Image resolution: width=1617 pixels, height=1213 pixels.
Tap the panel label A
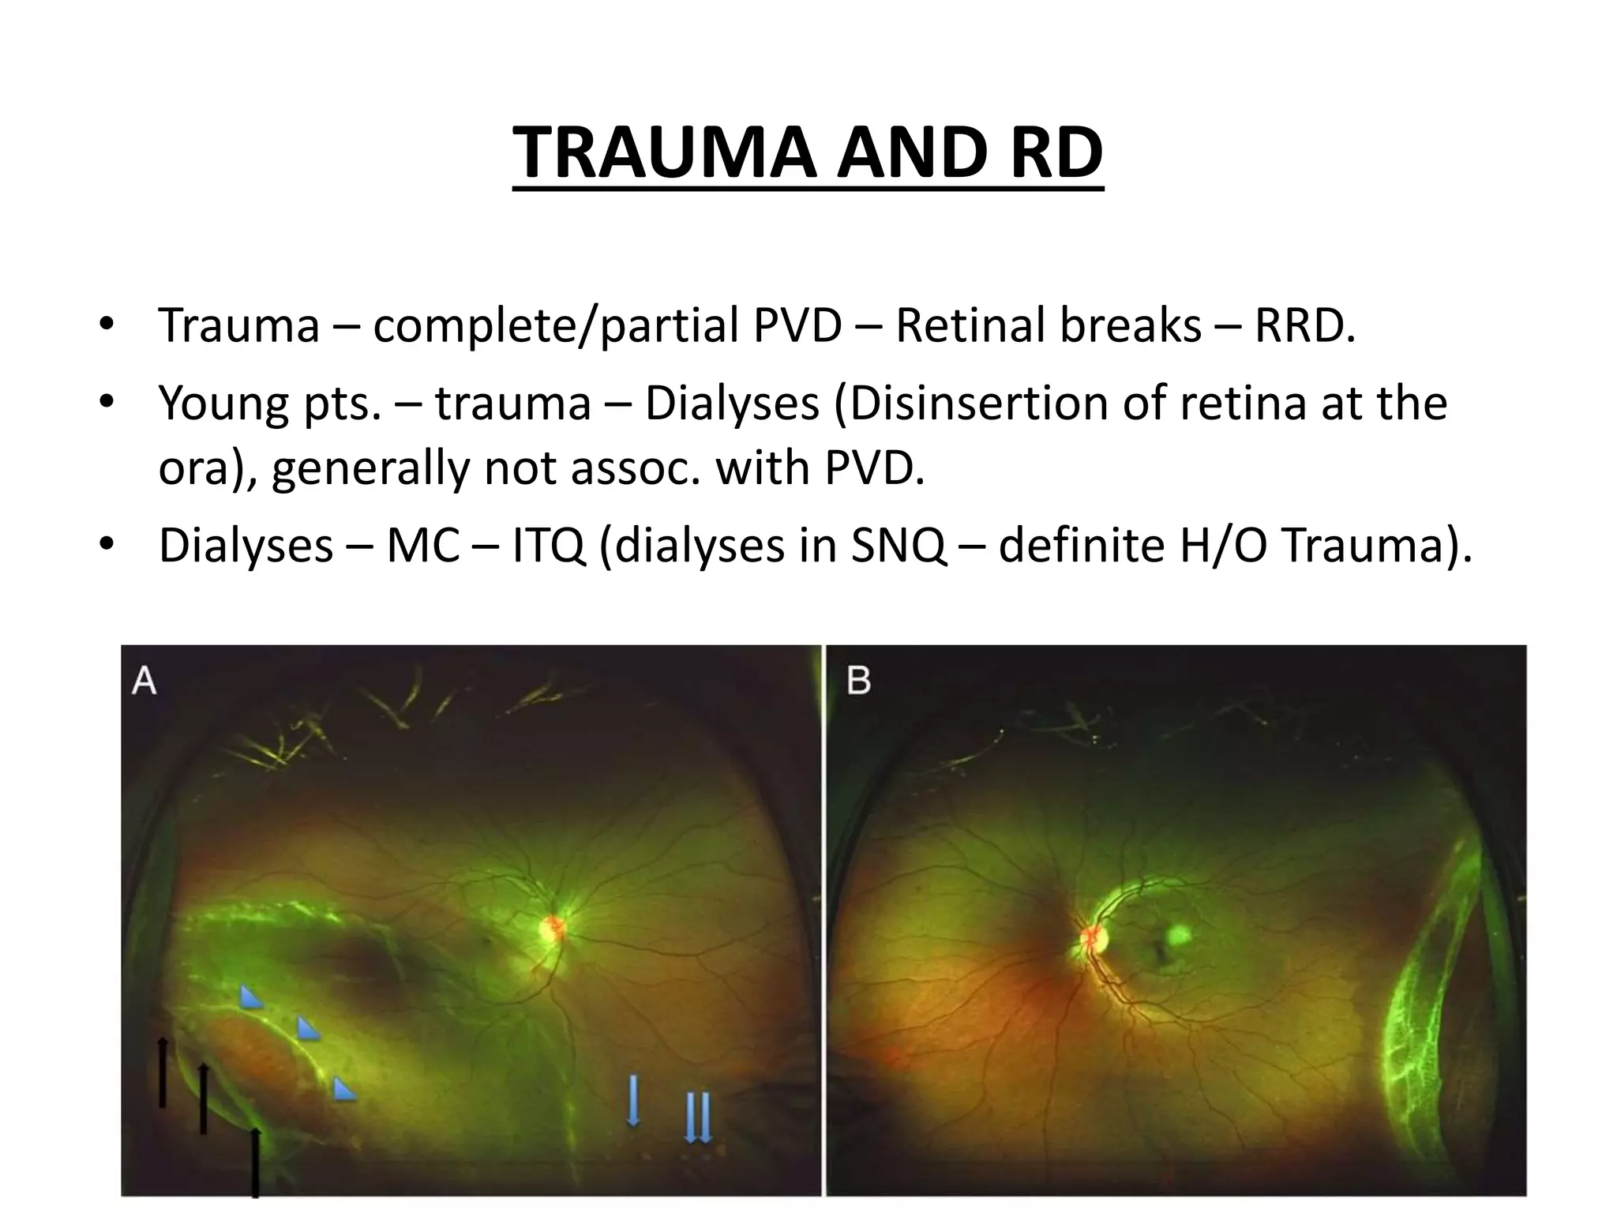pyautogui.click(x=144, y=680)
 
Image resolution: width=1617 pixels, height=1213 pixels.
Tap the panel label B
pyautogui.click(x=858, y=680)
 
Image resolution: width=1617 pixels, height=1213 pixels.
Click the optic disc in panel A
pyautogui.click(x=552, y=927)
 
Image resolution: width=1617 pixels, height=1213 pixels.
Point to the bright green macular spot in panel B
pyautogui.click(x=1178, y=935)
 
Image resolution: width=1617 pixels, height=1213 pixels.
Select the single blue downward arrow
pyautogui.click(x=632, y=1098)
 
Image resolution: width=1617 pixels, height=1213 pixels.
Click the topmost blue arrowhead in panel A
pyautogui.click(x=251, y=997)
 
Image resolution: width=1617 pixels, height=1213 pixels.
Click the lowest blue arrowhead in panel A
pyautogui.click(x=343, y=1091)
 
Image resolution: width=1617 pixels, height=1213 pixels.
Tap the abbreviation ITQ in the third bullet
pyautogui.click(x=549, y=545)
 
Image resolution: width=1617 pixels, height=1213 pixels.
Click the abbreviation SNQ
pyautogui.click(x=898, y=545)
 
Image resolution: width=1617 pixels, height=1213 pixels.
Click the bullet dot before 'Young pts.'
pyautogui.click(x=107, y=404)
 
